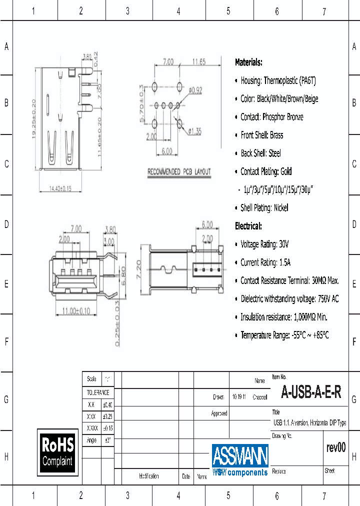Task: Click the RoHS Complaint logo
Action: click(x=57, y=451)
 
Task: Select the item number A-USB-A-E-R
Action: click(x=311, y=392)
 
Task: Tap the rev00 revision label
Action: click(x=335, y=447)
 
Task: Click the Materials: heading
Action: click(x=248, y=62)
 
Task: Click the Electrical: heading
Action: click(x=248, y=226)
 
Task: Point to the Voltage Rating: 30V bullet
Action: click(x=264, y=244)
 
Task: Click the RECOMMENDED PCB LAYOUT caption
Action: click(x=179, y=172)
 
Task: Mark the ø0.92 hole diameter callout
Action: click(x=194, y=90)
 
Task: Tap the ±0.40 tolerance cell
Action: click(x=107, y=404)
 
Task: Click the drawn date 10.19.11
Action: click(x=239, y=397)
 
